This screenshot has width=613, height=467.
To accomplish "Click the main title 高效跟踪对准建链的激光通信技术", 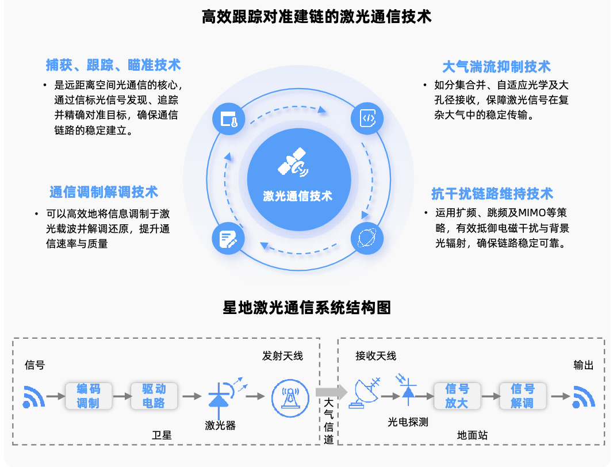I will (316, 17).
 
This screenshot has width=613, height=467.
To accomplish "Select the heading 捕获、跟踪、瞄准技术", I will (113, 64).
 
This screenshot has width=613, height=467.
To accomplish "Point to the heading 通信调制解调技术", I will (104, 192).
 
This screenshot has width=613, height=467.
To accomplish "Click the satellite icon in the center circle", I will (293, 163).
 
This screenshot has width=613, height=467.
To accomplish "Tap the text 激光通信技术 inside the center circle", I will (297, 196).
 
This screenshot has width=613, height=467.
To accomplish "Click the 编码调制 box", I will (88, 396).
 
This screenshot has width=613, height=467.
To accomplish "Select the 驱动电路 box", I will (154, 396).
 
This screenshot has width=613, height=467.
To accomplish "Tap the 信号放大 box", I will (457, 396).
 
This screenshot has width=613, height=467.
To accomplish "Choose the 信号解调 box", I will (522, 396).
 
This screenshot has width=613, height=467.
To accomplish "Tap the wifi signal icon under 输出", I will (583, 397).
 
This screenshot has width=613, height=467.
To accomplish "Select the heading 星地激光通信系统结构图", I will (306, 308).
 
